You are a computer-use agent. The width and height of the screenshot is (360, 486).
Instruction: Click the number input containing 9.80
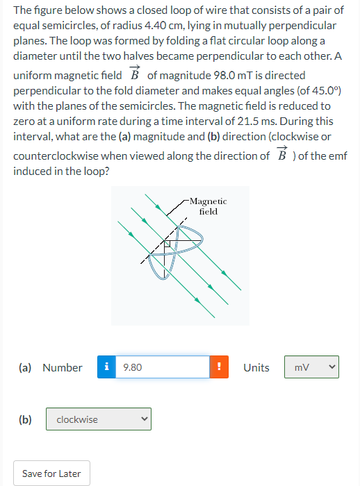[164, 367]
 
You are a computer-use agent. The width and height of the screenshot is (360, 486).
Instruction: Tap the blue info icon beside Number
[107, 367]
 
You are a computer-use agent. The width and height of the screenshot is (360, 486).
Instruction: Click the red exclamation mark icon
[219, 367]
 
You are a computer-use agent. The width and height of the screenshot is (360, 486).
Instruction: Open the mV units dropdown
[311, 367]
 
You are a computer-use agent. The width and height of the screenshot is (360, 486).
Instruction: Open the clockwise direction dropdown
[98, 419]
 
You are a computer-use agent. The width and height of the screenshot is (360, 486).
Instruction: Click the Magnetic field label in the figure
[208, 206]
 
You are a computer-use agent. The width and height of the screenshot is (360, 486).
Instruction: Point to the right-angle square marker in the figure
[167, 244]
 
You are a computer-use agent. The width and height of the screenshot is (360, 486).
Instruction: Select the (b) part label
[25, 419]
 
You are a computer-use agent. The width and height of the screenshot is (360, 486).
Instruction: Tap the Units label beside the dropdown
[256, 367]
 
